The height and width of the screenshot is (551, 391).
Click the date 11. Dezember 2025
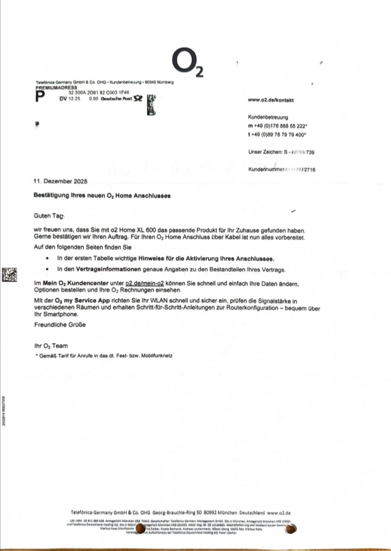click(60, 181)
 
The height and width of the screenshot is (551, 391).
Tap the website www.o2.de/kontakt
click(270, 100)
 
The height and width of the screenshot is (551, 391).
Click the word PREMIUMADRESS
click(56, 87)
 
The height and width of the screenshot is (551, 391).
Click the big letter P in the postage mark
click(40, 97)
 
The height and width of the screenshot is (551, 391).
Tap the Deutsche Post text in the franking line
click(116, 99)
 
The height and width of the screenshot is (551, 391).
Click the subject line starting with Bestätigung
click(102, 196)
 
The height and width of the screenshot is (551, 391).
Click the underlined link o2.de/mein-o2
click(144, 283)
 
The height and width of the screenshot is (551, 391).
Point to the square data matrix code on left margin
click(10, 274)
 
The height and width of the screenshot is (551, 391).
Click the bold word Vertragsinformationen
click(108, 269)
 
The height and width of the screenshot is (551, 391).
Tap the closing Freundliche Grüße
click(60, 325)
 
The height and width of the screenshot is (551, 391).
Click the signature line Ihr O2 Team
click(51, 346)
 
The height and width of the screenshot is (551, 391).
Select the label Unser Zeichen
click(265, 152)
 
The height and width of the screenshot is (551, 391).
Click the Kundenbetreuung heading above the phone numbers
click(268, 117)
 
